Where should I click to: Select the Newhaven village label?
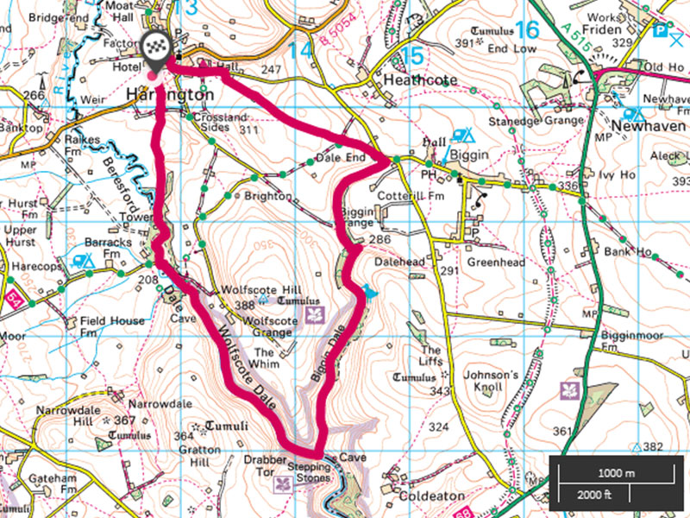point(648,126)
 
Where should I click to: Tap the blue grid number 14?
point(300,51)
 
